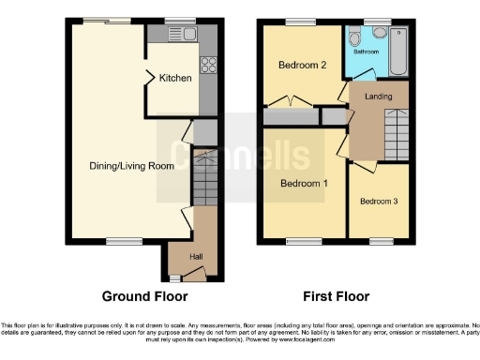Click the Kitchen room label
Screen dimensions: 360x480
point(175,78)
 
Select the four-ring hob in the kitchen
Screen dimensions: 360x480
point(207,66)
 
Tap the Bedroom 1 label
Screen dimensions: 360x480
point(304,183)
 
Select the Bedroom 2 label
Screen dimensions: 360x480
point(302,66)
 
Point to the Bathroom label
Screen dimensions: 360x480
point(367,52)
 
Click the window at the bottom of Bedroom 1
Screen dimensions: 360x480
point(300,242)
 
